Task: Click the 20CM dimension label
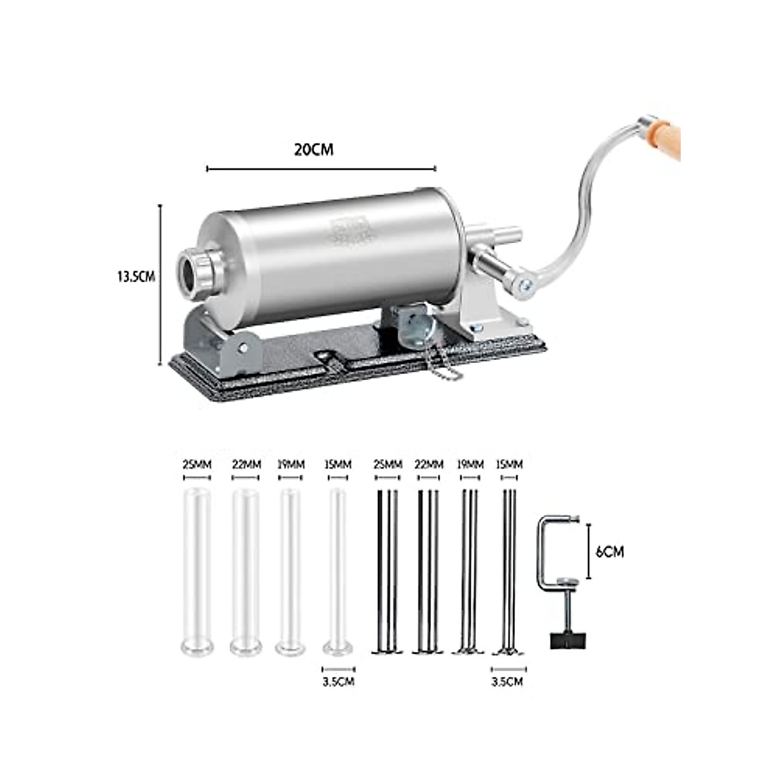coord(314,150)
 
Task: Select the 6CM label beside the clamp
coord(609,552)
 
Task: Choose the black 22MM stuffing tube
coord(429,571)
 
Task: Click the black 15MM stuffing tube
coord(509,571)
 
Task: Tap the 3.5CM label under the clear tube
coord(338,681)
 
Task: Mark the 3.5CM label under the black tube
coord(507,681)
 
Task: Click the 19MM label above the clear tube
coord(290,465)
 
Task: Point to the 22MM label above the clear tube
coord(246,465)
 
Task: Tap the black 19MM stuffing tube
coord(469,571)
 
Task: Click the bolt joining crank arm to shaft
coord(525,283)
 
